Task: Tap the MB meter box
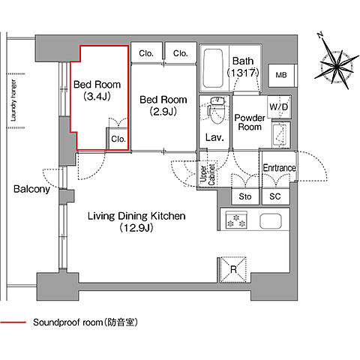[x=281, y=76]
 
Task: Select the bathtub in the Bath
[x=213, y=68]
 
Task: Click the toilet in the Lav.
[x=216, y=110]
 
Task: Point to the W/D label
[x=278, y=107]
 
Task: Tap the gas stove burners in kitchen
[x=236, y=220]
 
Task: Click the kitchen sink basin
[x=271, y=221]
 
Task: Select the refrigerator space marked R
[x=233, y=270]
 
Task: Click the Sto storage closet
[x=245, y=196]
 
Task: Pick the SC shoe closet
[x=275, y=196]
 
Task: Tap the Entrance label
[x=279, y=168]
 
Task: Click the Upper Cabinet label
[x=208, y=174]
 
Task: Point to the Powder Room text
[x=249, y=122]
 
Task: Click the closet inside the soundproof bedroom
[x=118, y=139]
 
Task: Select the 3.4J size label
[x=97, y=96]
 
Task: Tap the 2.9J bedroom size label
[x=163, y=112]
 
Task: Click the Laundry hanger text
[x=13, y=100]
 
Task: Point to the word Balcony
[x=31, y=189]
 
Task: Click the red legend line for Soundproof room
[x=13, y=322]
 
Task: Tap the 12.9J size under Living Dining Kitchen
[x=136, y=228]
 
